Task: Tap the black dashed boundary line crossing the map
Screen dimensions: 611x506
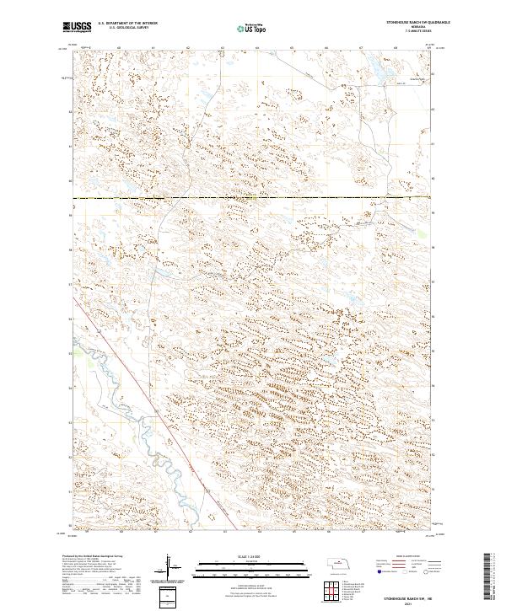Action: point(253,199)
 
